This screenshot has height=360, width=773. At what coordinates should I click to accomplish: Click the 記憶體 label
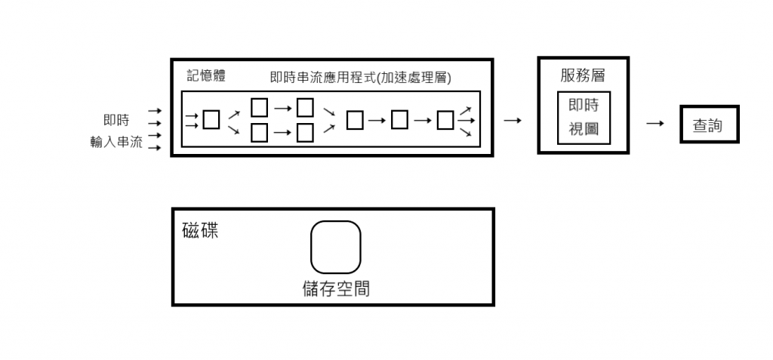click(206, 76)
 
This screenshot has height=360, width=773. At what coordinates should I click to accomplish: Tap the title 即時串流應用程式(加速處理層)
click(360, 77)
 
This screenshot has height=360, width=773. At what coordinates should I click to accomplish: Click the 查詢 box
click(707, 125)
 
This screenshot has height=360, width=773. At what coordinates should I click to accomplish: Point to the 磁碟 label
click(200, 231)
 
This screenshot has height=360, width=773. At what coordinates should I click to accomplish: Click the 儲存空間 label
click(336, 289)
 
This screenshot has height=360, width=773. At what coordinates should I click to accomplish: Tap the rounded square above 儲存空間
click(336, 247)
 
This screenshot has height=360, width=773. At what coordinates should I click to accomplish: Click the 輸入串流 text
click(116, 141)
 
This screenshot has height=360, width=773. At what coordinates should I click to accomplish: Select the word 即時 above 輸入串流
click(116, 120)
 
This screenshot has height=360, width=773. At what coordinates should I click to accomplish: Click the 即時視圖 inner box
click(583, 118)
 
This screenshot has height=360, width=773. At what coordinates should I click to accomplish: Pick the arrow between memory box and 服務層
click(513, 120)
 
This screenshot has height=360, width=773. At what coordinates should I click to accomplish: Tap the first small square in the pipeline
click(212, 120)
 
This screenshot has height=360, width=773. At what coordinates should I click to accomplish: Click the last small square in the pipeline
click(446, 120)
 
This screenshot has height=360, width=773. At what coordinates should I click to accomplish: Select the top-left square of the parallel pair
click(259, 108)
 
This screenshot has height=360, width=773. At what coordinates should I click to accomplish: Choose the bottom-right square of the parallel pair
click(305, 134)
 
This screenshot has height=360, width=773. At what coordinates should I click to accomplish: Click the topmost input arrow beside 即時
click(155, 110)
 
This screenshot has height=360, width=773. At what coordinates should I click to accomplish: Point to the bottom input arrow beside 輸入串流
click(155, 148)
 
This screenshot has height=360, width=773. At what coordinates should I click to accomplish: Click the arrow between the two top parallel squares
click(282, 108)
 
